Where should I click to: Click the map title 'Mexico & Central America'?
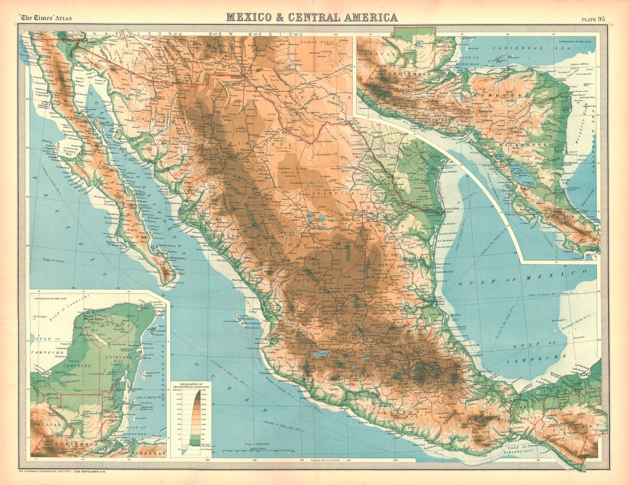(x=312, y=17)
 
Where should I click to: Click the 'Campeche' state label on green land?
(x=77, y=365)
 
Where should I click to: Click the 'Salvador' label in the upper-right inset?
(x=440, y=120)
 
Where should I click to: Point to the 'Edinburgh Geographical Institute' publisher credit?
(x=65, y=471)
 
